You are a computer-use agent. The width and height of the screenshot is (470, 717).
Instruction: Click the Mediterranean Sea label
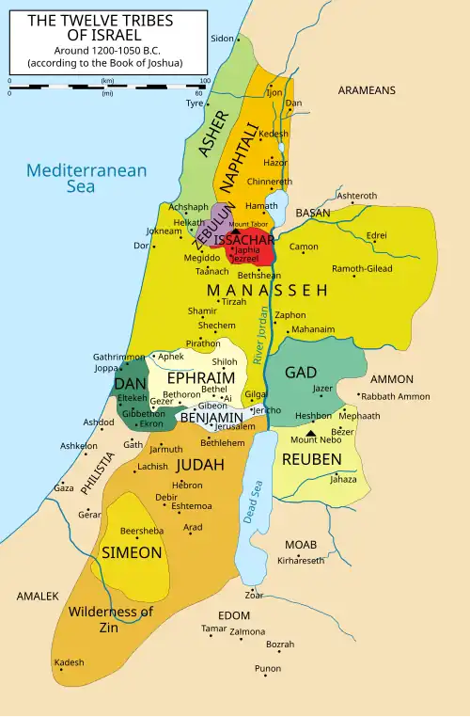pyautogui.click(x=86, y=178)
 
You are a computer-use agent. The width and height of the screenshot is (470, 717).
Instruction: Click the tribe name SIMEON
pyautogui.click(x=132, y=552)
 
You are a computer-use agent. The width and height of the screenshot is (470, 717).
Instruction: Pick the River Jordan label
pyautogui.click(x=263, y=336)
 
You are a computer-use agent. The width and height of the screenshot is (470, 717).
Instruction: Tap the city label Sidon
pyautogui.click(x=222, y=39)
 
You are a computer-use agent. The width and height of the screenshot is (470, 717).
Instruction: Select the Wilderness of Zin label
pyautogui.click(x=111, y=619)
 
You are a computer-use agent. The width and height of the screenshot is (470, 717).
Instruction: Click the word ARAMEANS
pyautogui.click(x=367, y=90)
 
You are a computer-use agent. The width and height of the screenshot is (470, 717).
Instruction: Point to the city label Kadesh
pyautogui.click(x=70, y=662)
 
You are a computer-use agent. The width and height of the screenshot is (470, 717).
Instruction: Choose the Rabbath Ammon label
pyautogui.click(x=395, y=396)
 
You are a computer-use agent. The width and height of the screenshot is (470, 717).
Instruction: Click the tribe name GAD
pyautogui.click(x=300, y=373)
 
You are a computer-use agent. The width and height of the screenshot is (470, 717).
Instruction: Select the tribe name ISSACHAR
pyautogui.click(x=243, y=240)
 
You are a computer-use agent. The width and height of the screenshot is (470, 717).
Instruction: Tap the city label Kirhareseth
pyautogui.click(x=301, y=560)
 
